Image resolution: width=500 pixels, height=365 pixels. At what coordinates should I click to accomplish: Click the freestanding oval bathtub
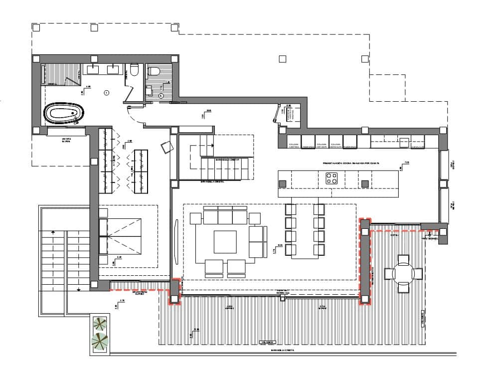pyautogui.click(x=63, y=113)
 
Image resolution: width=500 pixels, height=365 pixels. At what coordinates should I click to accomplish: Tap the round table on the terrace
pyautogui.click(x=403, y=273)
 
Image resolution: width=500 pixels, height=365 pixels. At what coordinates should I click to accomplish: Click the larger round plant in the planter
pyautogui.click(x=100, y=342)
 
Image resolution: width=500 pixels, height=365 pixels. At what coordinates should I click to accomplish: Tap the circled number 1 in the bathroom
pyautogui.click(x=106, y=93)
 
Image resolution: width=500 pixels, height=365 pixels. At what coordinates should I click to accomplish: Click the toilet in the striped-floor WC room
pyautogui.click(x=154, y=71)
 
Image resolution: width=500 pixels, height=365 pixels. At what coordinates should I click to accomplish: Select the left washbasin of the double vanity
pyautogui.click(x=95, y=69)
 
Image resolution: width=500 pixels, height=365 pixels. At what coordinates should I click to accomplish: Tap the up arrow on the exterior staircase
pyautogui.click(x=53, y=232)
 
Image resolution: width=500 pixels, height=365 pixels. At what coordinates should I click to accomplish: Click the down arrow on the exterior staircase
pyautogui.click(x=79, y=289)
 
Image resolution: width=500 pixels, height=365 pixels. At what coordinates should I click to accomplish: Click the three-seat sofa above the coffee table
pyautogui.click(x=225, y=217)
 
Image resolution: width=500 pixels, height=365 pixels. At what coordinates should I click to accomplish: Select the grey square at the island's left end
pyautogui.click(x=283, y=184)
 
